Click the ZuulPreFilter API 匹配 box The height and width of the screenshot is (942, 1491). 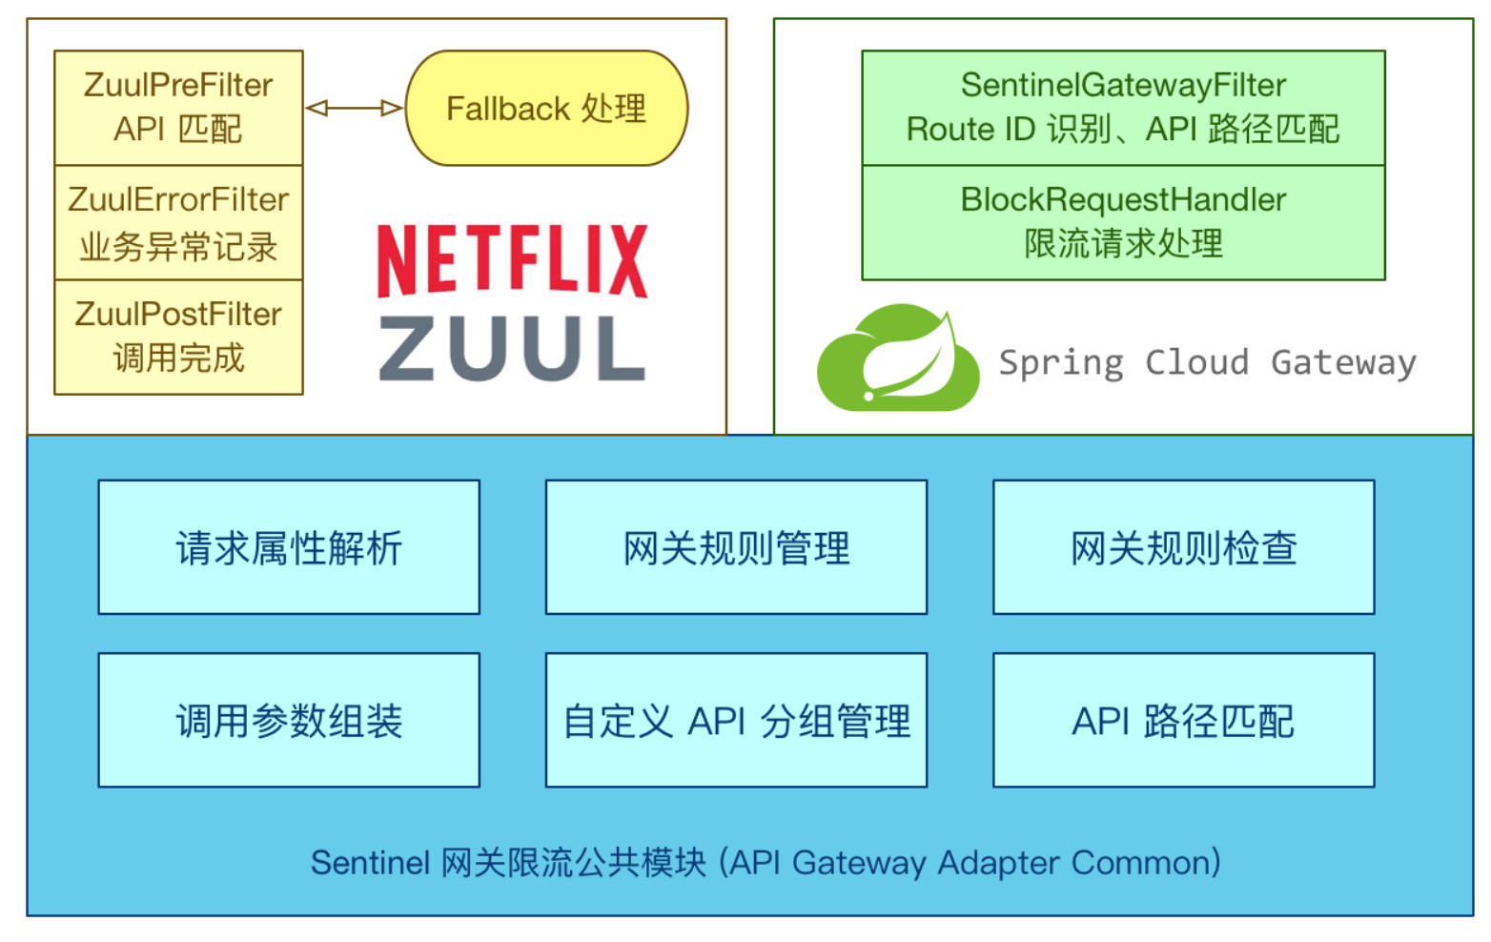pyautogui.click(x=178, y=107)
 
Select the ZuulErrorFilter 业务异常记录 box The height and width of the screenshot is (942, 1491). pyautogui.click(x=178, y=222)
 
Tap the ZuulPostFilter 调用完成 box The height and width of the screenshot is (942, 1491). pyautogui.click(x=178, y=337)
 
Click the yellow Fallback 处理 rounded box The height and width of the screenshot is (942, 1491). pyautogui.click(x=546, y=108)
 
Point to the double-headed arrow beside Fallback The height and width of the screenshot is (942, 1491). pyautogui.click(x=354, y=108)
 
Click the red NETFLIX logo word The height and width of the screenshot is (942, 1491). pyautogui.click(x=512, y=260)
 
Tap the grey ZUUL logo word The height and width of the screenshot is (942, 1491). pyautogui.click(x=512, y=349)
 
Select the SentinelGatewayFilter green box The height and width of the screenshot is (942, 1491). pyautogui.click(x=1123, y=107)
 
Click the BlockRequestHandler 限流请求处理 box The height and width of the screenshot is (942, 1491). pyautogui.click(x=1123, y=222)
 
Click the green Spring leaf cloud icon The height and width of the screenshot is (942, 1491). pyautogui.click(x=898, y=358)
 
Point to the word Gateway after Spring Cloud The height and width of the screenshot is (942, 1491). pyautogui.click(x=1343, y=362)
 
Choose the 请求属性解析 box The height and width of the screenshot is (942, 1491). pyautogui.click(x=289, y=547)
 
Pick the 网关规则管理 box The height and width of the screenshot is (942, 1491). pyautogui.click(x=736, y=547)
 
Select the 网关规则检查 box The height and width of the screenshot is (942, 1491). pyautogui.click(x=1183, y=547)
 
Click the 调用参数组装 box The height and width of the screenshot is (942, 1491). pyautogui.click(x=289, y=720)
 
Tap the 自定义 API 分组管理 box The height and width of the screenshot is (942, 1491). pyautogui.click(x=736, y=720)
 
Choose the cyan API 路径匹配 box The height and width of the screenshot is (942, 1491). pyautogui.click(x=1183, y=720)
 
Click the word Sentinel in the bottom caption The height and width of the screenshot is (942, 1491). pyautogui.click(x=370, y=863)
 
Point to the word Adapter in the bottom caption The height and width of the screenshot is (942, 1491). pyautogui.click(x=999, y=863)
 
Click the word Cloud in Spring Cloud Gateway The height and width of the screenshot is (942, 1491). pyautogui.click(x=1196, y=362)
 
